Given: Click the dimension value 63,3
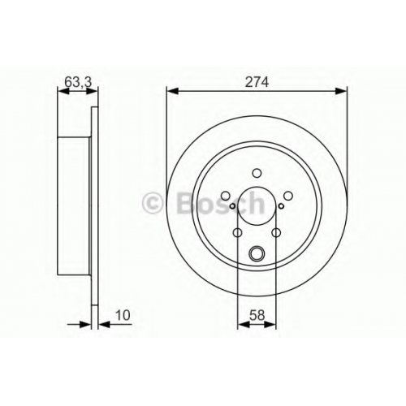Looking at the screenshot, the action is click(79, 82).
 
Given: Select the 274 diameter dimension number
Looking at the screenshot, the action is click(257, 82).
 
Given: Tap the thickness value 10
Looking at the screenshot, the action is click(123, 315).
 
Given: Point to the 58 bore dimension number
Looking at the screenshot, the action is click(257, 315).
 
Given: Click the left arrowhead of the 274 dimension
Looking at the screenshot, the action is click(172, 91).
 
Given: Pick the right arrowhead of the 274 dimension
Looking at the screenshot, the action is click(341, 91).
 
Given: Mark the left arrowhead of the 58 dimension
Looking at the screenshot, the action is click(243, 324).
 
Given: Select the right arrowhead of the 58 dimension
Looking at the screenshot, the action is click(270, 324).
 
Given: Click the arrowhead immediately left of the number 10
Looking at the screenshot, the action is click(104, 324).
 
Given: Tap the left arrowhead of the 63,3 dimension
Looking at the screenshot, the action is click(63, 91).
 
